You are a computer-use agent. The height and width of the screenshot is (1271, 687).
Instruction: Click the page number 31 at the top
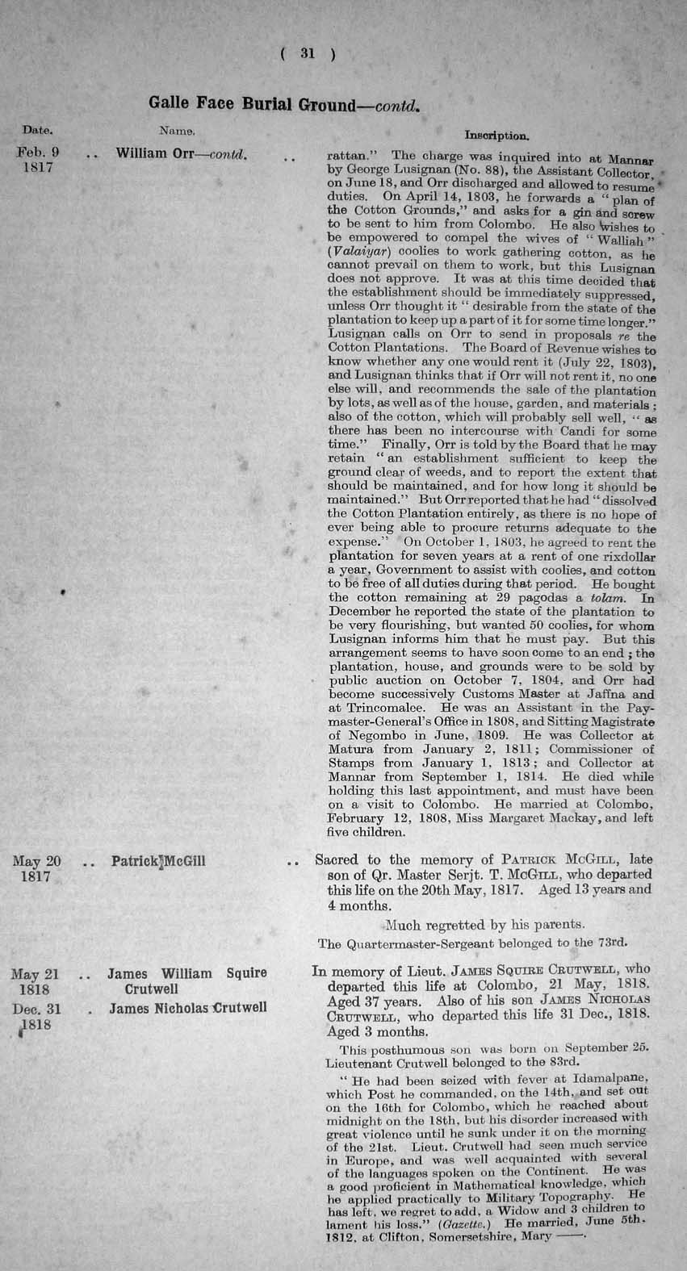click(x=307, y=54)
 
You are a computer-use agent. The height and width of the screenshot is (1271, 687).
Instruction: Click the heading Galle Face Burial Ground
click(x=251, y=105)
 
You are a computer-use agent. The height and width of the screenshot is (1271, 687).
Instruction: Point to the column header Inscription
click(x=497, y=136)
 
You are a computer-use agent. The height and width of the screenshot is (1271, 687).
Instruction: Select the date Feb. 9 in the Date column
click(x=37, y=152)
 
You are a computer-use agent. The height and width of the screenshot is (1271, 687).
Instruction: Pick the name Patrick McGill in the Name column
click(x=158, y=861)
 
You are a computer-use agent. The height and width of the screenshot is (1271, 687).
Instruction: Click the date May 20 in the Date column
click(x=37, y=861)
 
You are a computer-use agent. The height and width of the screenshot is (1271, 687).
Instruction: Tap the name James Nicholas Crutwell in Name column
click(x=187, y=1007)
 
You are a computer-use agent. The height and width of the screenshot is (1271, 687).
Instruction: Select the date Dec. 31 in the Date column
click(x=37, y=1007)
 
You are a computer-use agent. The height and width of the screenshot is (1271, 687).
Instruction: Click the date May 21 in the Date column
click(x=37, y=974)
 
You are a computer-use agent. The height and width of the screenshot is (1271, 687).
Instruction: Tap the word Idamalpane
click(x=601, y=1078)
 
